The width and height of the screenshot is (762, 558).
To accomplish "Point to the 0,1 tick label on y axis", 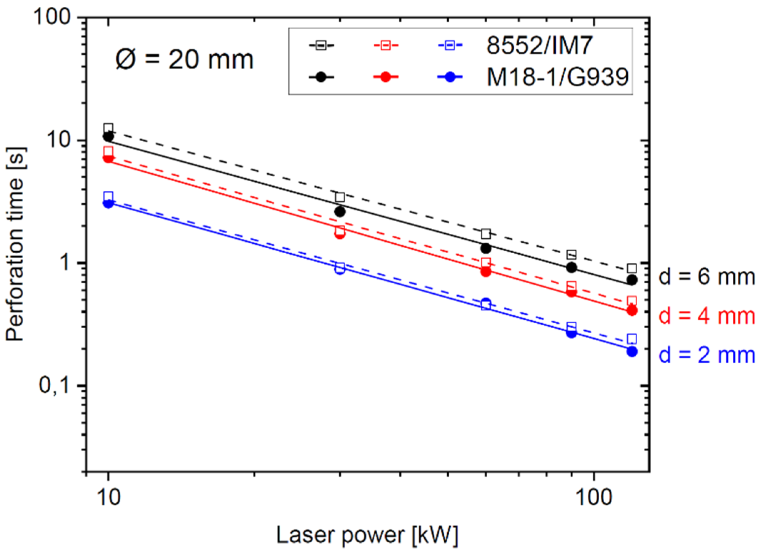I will (x=54, y=386).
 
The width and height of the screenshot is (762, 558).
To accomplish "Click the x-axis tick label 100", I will (x=594, y=497).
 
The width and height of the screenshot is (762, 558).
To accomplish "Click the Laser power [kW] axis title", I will (x=367, y=536).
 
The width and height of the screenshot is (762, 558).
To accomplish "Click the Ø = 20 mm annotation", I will (x=184, y=59).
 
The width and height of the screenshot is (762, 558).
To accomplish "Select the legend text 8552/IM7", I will (x=539, y=46).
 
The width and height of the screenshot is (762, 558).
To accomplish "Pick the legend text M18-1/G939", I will (x=557, y=77).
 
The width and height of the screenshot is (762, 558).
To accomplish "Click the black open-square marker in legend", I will (x=321, y=45).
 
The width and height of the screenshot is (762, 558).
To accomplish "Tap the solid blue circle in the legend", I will (x=450, y=77).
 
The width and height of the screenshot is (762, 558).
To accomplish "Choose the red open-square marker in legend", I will (x=385, y=45).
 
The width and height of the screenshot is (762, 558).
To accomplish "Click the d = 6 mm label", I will (x=706, y=277).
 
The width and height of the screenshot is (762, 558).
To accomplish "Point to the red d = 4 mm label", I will (x=706, y=316).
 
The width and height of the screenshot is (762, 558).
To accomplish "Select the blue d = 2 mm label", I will (x=706, y=355).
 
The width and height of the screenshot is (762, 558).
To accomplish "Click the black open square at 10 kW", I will (x=109, y=128).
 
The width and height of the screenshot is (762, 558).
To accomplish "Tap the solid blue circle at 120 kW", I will (x=632, y=351).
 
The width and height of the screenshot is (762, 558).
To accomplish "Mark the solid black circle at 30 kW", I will (x=340, y=212).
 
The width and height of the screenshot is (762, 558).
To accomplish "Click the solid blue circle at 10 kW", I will (x=109, y=204).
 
